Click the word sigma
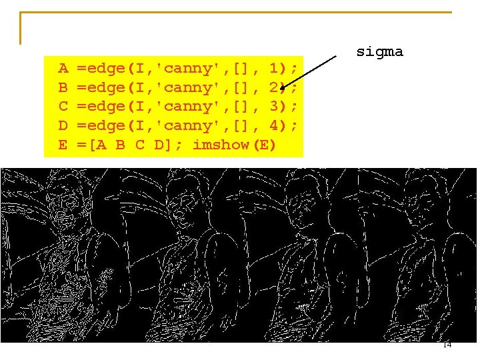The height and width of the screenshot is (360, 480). click(379, 52)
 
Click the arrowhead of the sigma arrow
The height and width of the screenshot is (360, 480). click(283, 87)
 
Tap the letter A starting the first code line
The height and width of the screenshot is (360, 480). click(63, 68)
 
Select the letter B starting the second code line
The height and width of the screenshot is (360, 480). click(63, 87)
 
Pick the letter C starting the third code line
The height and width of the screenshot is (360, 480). click(63, 106)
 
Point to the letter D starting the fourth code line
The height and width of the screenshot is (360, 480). click(63, 125)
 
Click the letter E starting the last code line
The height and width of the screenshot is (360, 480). click(63, 144)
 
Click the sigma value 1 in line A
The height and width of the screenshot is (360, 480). click(274, 68)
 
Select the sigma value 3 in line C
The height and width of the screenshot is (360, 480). click(274, 106)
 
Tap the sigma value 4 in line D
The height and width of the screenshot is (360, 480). click(274, 125)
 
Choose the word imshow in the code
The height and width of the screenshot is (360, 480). click(221, 144)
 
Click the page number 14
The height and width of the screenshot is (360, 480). click(447, 345)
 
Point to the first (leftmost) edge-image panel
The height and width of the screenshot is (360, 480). click(60, 255)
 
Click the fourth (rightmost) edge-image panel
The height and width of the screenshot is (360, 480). click(417, 255)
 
